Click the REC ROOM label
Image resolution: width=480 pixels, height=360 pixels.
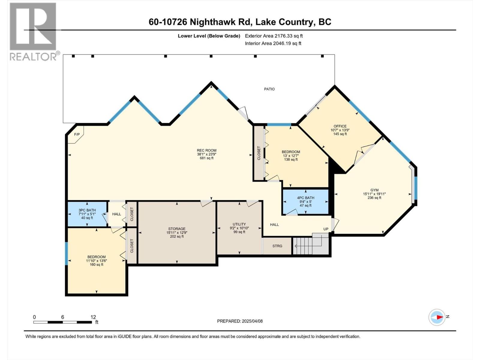pos(206,151)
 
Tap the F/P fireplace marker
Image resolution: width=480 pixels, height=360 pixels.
pos(77,134)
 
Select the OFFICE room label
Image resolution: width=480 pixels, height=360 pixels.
pos(340,126)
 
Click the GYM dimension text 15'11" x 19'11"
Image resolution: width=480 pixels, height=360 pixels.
pos(374,194)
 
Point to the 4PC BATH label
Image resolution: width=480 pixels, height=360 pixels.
pos(305,198)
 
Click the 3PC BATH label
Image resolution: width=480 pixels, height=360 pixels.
pos(87,210)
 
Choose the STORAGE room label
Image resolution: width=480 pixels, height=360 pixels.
pos(177,229)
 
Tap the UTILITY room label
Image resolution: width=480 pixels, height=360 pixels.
pos(239,224)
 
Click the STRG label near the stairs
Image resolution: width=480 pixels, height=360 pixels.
pos(277,246)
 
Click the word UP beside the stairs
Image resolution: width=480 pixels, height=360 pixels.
pos(326,229)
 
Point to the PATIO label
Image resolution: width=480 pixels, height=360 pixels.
pos(269,89)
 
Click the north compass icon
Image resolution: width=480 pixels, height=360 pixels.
pos(437,317)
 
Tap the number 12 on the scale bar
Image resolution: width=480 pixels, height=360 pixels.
pos(93,317)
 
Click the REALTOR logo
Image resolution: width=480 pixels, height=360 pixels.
pos(33,31)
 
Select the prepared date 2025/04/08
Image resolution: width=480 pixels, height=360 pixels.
pos(240,321)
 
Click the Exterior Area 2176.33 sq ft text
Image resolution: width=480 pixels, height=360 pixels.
pos(274,36)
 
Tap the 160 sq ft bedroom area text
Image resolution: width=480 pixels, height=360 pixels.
pos(96,265)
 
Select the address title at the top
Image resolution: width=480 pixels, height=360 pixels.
pos(240,22)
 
